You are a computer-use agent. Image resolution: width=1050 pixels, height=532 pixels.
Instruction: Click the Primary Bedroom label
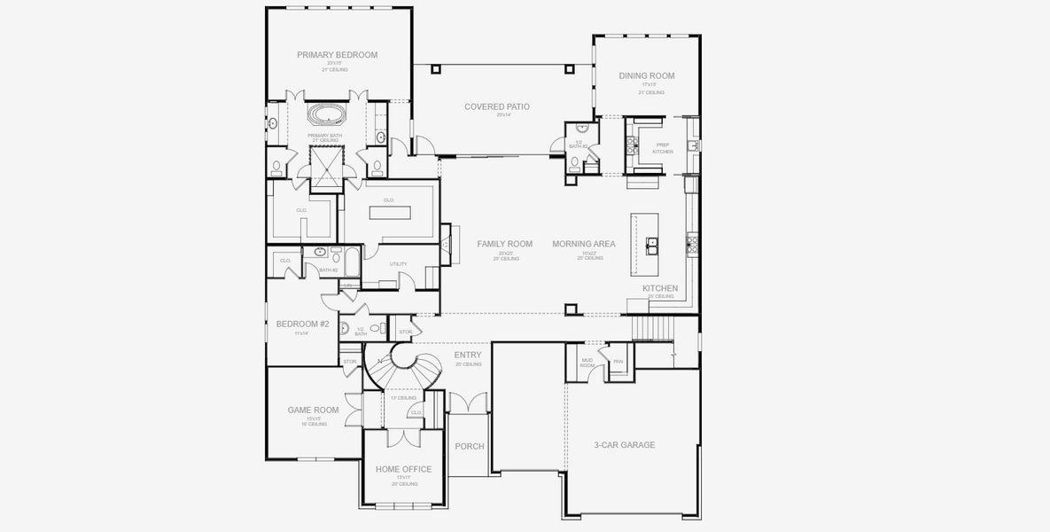coord(337,55)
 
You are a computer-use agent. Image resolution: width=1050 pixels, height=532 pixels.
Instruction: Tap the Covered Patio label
coord(497,106)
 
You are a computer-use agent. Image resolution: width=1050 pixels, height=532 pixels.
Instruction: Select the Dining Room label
coord(647,76)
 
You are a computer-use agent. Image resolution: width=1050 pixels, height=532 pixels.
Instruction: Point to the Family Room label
coord(504,244)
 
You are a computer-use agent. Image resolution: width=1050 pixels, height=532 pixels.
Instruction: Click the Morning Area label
coord(583,244)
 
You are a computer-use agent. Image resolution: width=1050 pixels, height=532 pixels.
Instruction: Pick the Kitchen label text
coord(660,288)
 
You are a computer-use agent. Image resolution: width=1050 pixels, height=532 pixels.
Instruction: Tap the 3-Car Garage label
coord(624,445)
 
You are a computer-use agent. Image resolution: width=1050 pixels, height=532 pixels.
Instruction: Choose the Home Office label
coord(403,469)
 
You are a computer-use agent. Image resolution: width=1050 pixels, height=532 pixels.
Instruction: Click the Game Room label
coord(314,410)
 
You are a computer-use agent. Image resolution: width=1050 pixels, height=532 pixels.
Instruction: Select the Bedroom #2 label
coord(302,325)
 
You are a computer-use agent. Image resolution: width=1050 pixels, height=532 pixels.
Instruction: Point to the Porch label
coord(470,446)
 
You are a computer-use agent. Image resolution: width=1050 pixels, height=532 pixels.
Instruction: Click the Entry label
coord(468,355)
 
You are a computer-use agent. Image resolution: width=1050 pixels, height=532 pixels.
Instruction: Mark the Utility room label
coord(399,264)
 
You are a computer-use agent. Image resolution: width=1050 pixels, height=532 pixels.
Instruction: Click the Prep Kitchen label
coord(663,148)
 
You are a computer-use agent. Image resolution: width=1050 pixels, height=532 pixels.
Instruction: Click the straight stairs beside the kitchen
coord(654,330)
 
